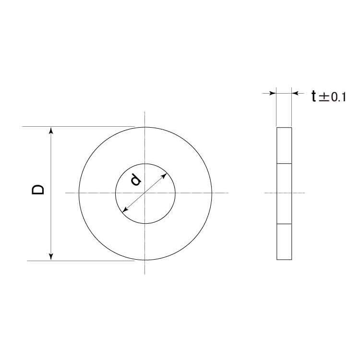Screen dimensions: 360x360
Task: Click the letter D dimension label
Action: click(x=38, y=190)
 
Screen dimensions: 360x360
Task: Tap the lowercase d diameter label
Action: click(x=136, y=180)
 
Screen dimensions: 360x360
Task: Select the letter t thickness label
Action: click(x=313, y=96)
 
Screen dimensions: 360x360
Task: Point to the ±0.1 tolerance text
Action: click(x=331, y=97)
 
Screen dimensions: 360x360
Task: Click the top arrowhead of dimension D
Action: click(x=51, y=130)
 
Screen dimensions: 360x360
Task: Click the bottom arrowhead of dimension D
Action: click(x=51, y=257)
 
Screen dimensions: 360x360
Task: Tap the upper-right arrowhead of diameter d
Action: click(x=164, y=176)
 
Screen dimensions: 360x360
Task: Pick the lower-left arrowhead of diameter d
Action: click(x=125, y=209)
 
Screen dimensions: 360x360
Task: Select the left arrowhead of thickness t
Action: click(x=273, y=93)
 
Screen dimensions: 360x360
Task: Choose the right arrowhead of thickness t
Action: click(x=295, y=93)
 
